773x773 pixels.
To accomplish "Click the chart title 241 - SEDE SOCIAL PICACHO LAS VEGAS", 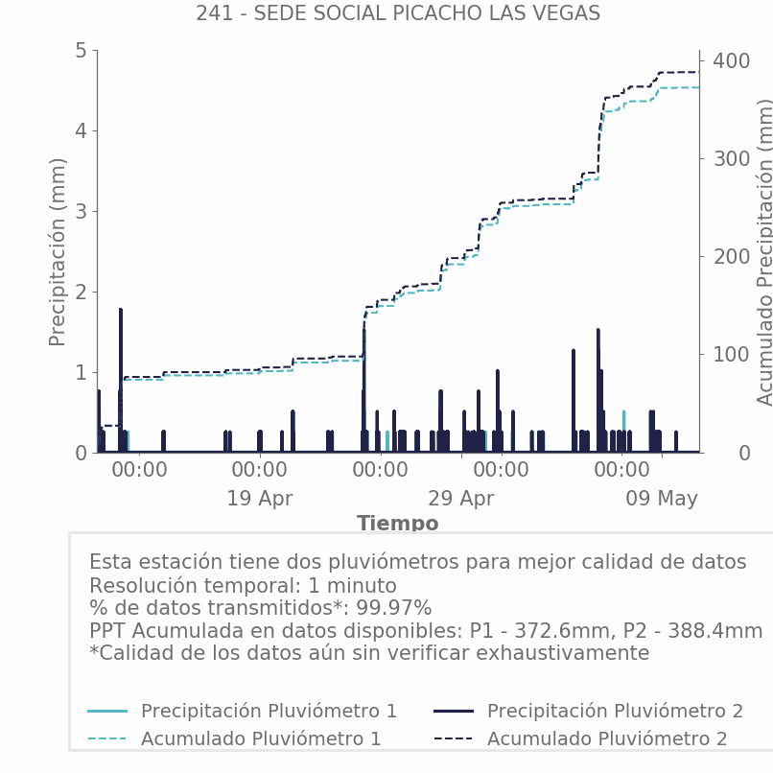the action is click(398, 13).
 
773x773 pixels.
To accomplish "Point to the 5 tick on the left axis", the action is click(81, 50).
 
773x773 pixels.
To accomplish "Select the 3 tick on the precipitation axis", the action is click(81, 212).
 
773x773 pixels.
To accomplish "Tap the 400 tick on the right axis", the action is click(732, 61).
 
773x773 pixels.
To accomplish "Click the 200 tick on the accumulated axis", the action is click(732, 257).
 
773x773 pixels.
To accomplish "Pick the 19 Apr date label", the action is click(260, 499).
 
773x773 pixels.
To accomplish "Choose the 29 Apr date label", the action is click(461, 499).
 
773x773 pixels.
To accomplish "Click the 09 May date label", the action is click(662, 499).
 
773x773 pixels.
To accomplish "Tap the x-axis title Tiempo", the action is click(398, 523).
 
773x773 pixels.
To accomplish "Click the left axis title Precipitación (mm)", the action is click(58, 252).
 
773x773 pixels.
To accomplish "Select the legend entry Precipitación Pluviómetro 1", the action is click(269, 711).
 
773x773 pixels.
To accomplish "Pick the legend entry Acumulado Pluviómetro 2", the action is click(607, 738).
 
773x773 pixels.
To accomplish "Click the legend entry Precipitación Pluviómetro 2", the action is click(615, 711).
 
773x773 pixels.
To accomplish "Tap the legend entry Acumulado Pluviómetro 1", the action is click(261, 738).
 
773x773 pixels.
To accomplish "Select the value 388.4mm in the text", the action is click(714, 630).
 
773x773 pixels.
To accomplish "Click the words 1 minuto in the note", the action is click(352, 586).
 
